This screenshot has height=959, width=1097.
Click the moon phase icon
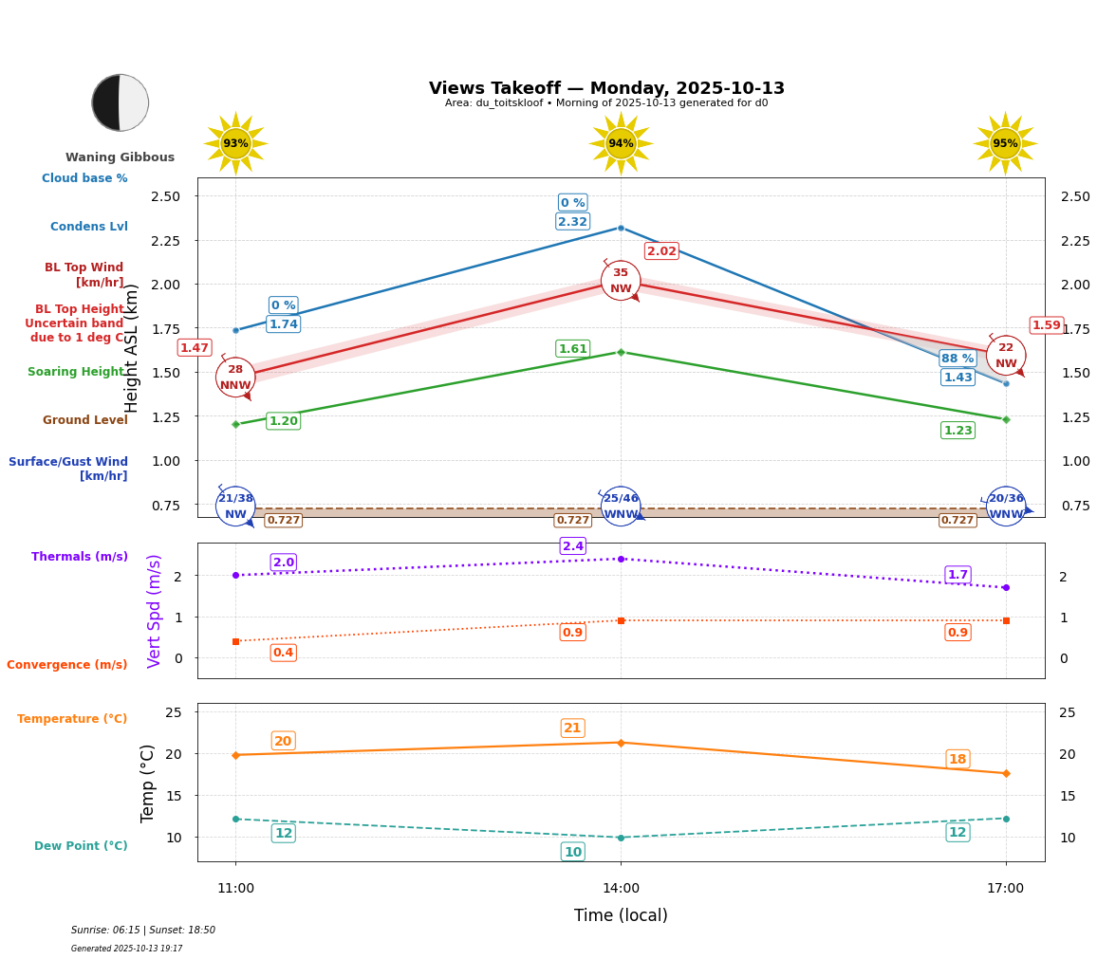tap(120, 102)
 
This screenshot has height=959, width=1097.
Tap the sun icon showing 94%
tap(621, 143)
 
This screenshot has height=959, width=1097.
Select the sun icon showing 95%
tap(1005, 143)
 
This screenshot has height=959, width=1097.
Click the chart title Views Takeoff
tap(606, 88)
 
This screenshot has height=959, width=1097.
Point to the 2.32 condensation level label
tap(572, 222)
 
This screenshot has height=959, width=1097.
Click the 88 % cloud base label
tap(958, 359)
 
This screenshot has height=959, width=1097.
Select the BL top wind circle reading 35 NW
tap(621, 281)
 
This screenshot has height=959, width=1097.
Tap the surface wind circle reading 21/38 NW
tap(235, 506)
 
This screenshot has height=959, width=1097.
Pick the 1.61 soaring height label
tap(572, 349)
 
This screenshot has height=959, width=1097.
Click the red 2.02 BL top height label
tap(661, 251)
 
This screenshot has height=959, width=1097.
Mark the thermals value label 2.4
tap(572, 546)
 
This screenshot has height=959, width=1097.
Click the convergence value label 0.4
tap(283, 653)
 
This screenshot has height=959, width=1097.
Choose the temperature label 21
tap(572, 728)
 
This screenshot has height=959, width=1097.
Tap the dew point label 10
tap(572, 852)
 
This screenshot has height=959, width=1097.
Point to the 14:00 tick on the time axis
tap(621, 889)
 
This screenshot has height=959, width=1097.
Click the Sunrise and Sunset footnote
tap(143, 931)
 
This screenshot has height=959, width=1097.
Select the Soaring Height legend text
tap(76, 372)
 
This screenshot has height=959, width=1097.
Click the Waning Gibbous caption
tap(120, 157)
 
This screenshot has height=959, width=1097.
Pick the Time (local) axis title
tap(621, 915)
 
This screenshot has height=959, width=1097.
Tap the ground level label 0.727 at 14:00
tap(572, 521)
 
